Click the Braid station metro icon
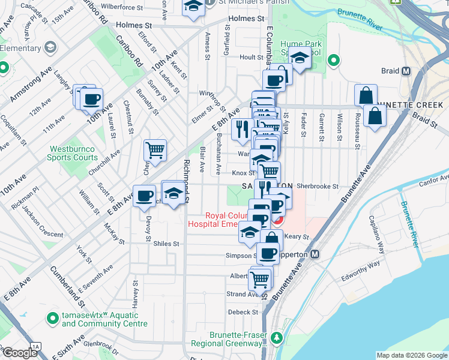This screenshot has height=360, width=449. pyautogui.click(x=406, y=71)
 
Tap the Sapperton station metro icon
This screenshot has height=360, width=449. pyautogui.click(x=315, y=254)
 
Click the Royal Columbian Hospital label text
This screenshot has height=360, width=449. pyautogui.click(x=218, y=220)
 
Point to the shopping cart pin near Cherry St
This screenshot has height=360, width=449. pyautogui.click(x=155, y=151)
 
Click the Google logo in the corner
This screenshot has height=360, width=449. pyautogui.click(x=20, y=353)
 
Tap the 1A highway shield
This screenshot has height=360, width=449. pyautogui.click(x=35, y=347)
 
